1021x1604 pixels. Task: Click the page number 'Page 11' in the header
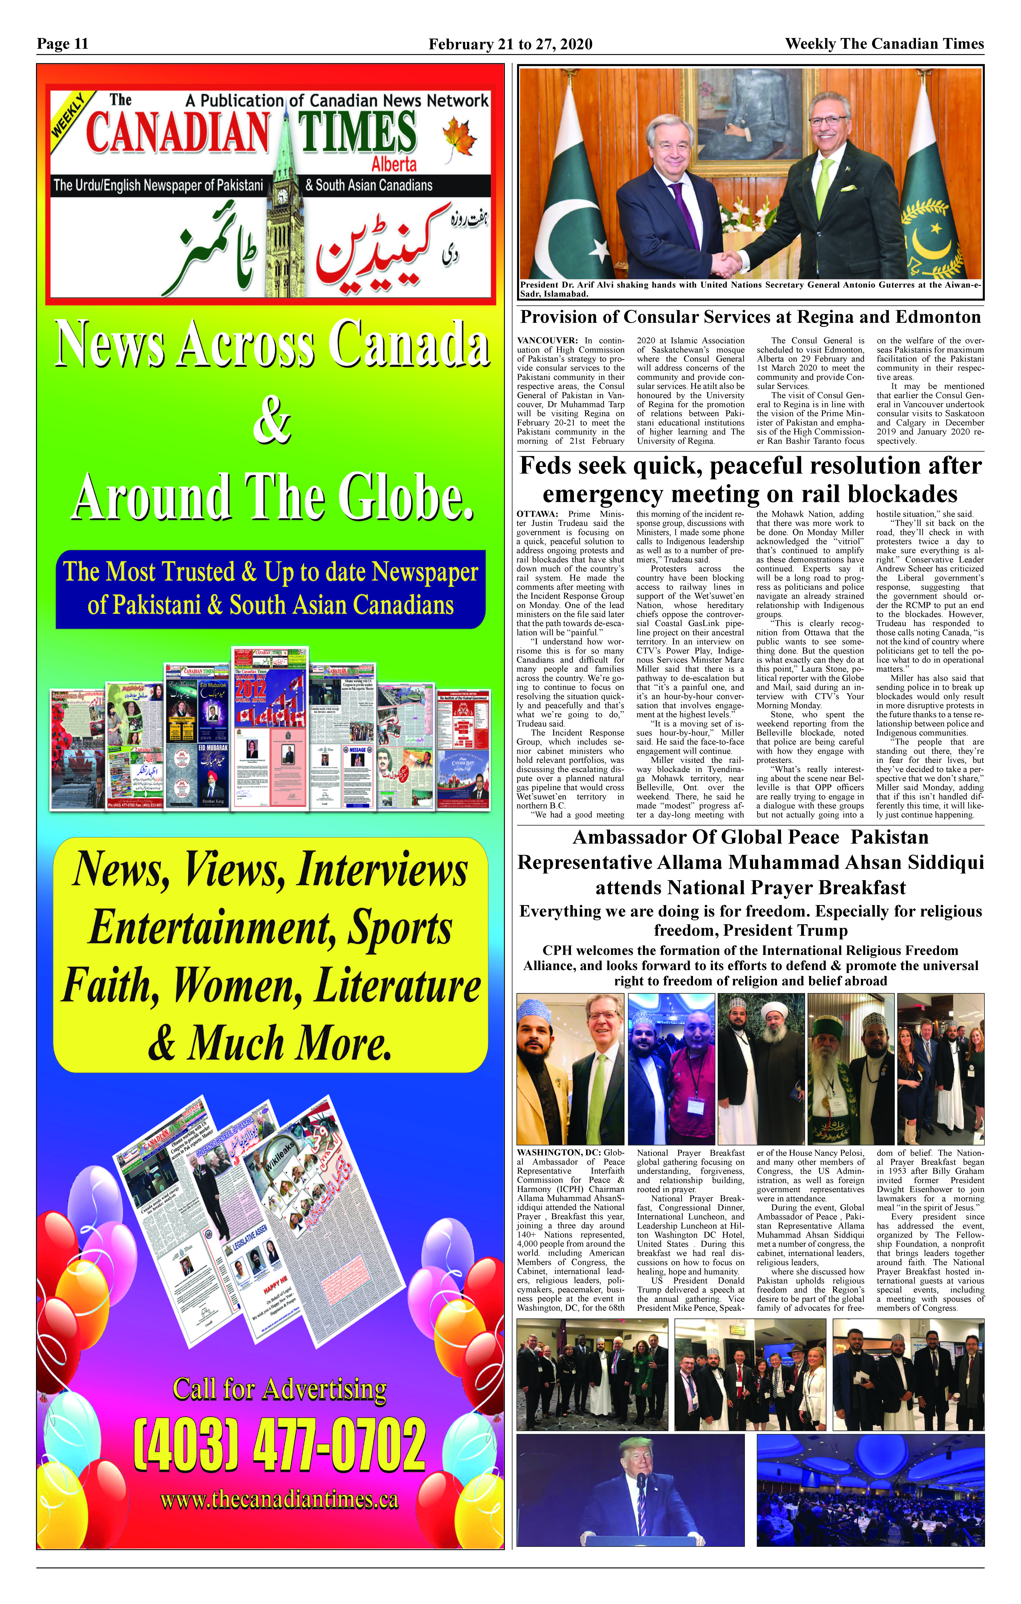coord(63,44)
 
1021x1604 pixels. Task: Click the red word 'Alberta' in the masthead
coord(394,164)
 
